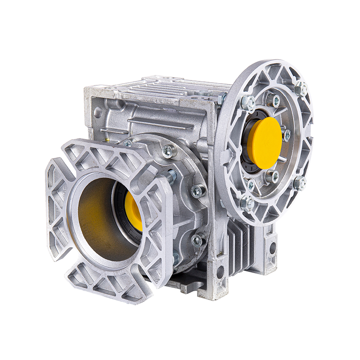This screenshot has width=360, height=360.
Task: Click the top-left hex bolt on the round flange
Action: [248, 103]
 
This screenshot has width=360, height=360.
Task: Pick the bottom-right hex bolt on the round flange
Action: [299, 183]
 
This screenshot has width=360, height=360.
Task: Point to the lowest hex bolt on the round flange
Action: [247, 203]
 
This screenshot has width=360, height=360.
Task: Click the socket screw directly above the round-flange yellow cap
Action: [273, 100]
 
